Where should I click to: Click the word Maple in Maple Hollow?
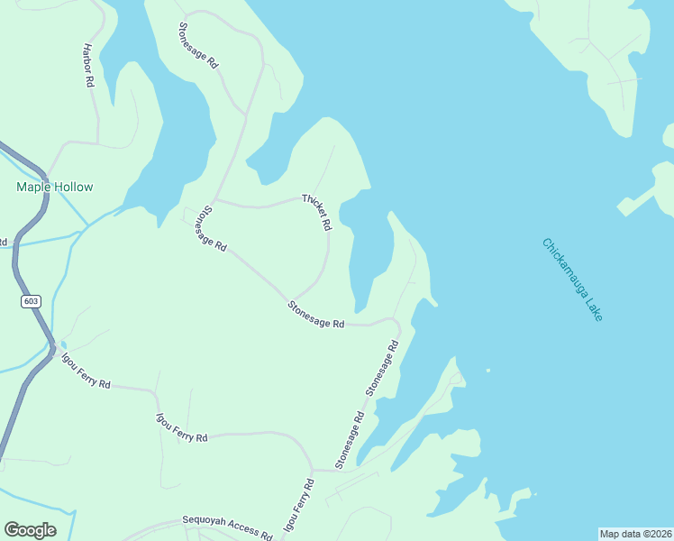point(33,187)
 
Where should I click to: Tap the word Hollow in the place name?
point(73,187)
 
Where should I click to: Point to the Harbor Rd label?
point(88,65)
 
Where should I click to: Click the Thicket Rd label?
point(318,212)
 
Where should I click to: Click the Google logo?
point(30,530)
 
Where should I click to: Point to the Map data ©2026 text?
point(635,533)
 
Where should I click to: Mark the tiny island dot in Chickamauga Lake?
point(487,370)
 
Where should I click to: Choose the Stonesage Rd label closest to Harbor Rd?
point(198,46)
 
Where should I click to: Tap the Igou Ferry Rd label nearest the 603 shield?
point(86,371)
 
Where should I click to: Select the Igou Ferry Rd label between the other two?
point(182,426)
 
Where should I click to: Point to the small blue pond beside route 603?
point(63,345)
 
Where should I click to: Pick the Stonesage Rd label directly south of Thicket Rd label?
point(316,316)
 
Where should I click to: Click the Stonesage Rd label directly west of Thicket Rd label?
point(208,230)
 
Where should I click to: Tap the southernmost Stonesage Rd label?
point(349,440)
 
